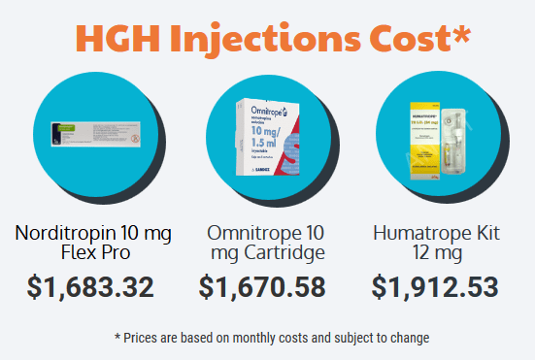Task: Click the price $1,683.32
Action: [x=91, y=287]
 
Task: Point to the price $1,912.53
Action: [x=435, y=287]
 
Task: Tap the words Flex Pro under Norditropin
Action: [x=91, y=253]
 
